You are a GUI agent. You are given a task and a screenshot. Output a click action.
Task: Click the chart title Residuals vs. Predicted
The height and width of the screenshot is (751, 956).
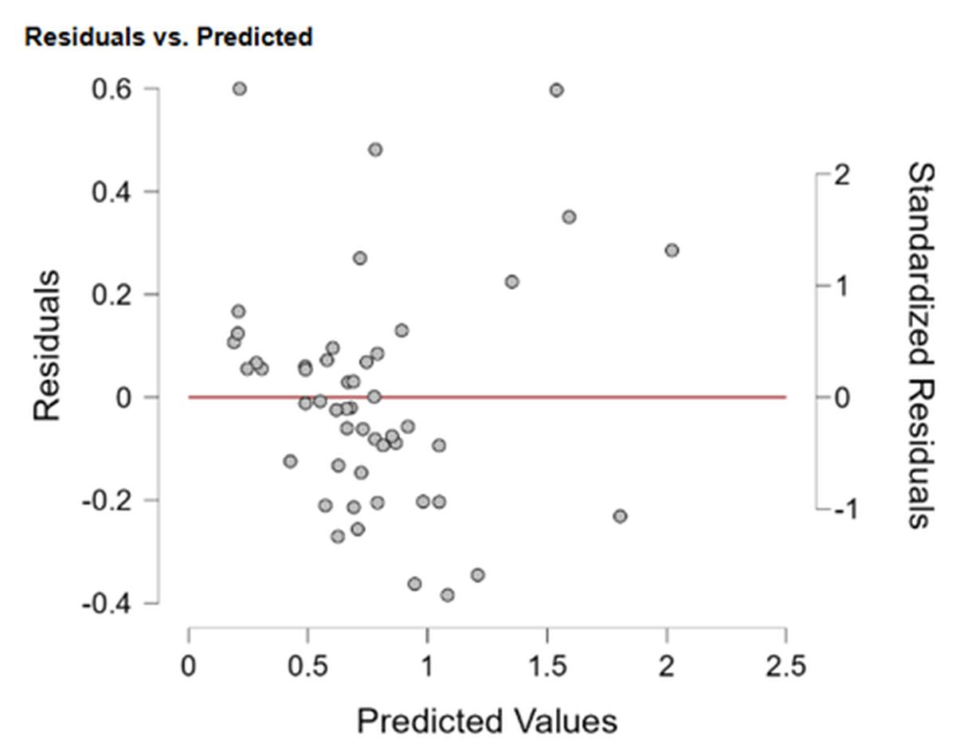[168, 37]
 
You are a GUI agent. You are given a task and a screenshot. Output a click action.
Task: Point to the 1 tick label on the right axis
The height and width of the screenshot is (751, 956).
[840, 286]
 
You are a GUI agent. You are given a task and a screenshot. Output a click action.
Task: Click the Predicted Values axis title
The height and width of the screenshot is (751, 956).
[487, 722]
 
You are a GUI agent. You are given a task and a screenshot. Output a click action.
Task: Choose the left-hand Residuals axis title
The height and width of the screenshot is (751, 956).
[47, 345]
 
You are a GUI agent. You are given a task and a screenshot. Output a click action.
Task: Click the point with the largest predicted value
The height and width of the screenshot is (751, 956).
[672, 250]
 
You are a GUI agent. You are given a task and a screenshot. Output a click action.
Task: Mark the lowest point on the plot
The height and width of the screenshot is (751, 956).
[447, 595]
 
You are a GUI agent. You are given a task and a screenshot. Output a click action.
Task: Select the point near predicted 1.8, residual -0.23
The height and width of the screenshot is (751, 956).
[620, 516]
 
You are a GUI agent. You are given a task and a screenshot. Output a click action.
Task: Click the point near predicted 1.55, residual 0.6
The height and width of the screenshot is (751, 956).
[556, 90]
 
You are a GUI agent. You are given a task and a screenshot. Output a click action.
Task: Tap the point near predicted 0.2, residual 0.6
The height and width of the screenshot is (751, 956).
[239, 88]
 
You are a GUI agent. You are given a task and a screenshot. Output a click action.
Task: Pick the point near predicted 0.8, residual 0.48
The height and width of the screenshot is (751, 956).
[375, 150]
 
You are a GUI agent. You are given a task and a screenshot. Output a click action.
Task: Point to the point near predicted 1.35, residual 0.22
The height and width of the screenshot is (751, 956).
[511, 282]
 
